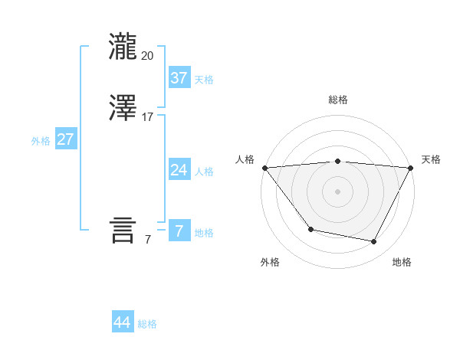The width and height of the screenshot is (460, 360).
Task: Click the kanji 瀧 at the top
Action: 123,46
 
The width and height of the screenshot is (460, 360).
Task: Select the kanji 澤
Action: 123,108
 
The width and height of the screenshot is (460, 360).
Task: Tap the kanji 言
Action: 123,230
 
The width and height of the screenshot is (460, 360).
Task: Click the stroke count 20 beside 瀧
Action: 148,55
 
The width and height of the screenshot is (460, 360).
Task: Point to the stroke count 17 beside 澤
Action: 148,117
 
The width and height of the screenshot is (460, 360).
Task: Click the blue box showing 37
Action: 179,78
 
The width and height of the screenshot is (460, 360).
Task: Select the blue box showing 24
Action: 179,170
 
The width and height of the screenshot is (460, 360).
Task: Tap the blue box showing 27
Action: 65,139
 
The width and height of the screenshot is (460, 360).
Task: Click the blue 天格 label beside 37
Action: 204,80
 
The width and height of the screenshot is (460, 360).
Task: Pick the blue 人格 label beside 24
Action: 204,172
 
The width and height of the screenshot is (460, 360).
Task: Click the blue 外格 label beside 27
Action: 41,141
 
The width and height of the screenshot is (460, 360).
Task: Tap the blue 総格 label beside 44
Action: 147,324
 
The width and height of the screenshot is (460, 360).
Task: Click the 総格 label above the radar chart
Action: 338,100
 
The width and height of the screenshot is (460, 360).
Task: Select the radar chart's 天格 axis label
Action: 431,159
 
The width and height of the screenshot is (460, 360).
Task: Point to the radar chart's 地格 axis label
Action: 402,262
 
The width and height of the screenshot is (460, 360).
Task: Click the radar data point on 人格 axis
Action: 264,168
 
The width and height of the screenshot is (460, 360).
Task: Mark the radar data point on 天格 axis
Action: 411,168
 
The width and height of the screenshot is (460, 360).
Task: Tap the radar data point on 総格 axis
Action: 338,161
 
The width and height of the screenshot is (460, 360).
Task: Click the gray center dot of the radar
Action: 338,191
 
